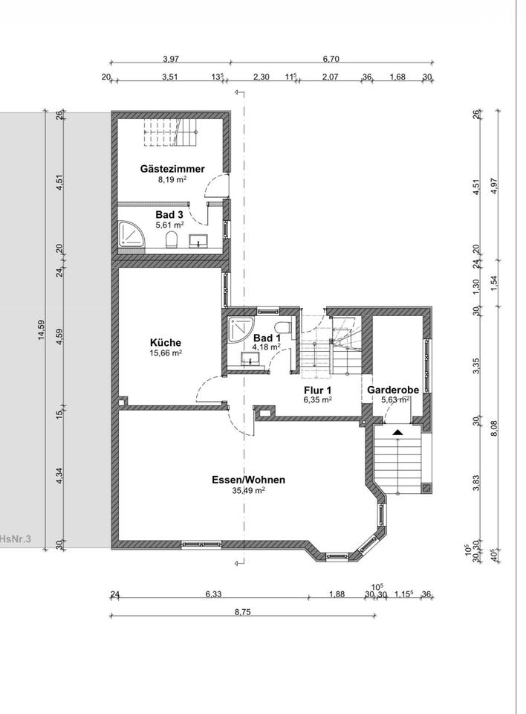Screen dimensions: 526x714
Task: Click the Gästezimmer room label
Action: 172,169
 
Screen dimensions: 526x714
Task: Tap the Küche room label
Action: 166,342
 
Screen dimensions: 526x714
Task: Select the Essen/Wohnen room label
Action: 248,480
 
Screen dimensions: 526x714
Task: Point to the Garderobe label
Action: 393,390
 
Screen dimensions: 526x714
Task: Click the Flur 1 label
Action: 317,390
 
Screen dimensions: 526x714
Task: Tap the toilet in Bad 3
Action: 172,239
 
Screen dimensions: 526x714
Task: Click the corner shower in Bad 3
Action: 131,234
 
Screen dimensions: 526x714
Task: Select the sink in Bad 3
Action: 198,240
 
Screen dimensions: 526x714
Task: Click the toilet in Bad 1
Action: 283,327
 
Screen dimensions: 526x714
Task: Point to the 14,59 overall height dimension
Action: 42,330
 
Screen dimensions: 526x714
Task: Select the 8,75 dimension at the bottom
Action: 243,611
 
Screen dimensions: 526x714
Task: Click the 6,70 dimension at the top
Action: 331,59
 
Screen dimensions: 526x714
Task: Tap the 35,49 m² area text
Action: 248,490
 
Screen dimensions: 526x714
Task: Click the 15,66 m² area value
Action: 166,353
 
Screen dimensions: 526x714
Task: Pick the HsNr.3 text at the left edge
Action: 16,539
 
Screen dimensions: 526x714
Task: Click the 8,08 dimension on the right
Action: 495,428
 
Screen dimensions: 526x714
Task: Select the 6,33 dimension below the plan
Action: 212,594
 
